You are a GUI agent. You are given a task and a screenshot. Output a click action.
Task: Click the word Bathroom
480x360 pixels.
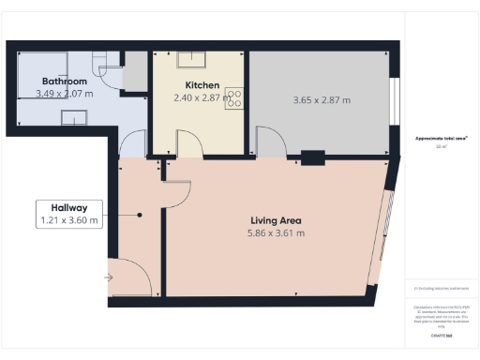click(x=51, y=82)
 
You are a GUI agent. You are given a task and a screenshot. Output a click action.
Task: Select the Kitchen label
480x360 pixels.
click(x=196, y=84)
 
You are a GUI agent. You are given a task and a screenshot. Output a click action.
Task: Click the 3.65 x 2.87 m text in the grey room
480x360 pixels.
click(x=322, y=99)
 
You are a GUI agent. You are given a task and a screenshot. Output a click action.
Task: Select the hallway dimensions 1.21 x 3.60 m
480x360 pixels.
click(x=69, y=220)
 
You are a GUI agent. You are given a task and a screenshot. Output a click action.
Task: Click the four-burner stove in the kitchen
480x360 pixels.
click(x=233, y=99)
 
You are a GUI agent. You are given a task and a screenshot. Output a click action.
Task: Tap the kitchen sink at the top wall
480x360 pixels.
click(x=196, y=57)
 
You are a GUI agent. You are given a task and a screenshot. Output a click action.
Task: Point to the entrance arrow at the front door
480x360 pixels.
click(x=110, y=277)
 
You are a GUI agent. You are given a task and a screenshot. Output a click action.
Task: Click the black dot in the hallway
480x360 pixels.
click(x=140, y=215)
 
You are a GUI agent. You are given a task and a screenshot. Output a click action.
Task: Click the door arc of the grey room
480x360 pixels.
click(x=272, y=142)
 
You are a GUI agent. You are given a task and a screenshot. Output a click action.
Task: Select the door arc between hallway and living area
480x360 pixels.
click(x=177, y=192)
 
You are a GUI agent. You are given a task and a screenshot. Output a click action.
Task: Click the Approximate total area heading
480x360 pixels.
click(x=442, y=139)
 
